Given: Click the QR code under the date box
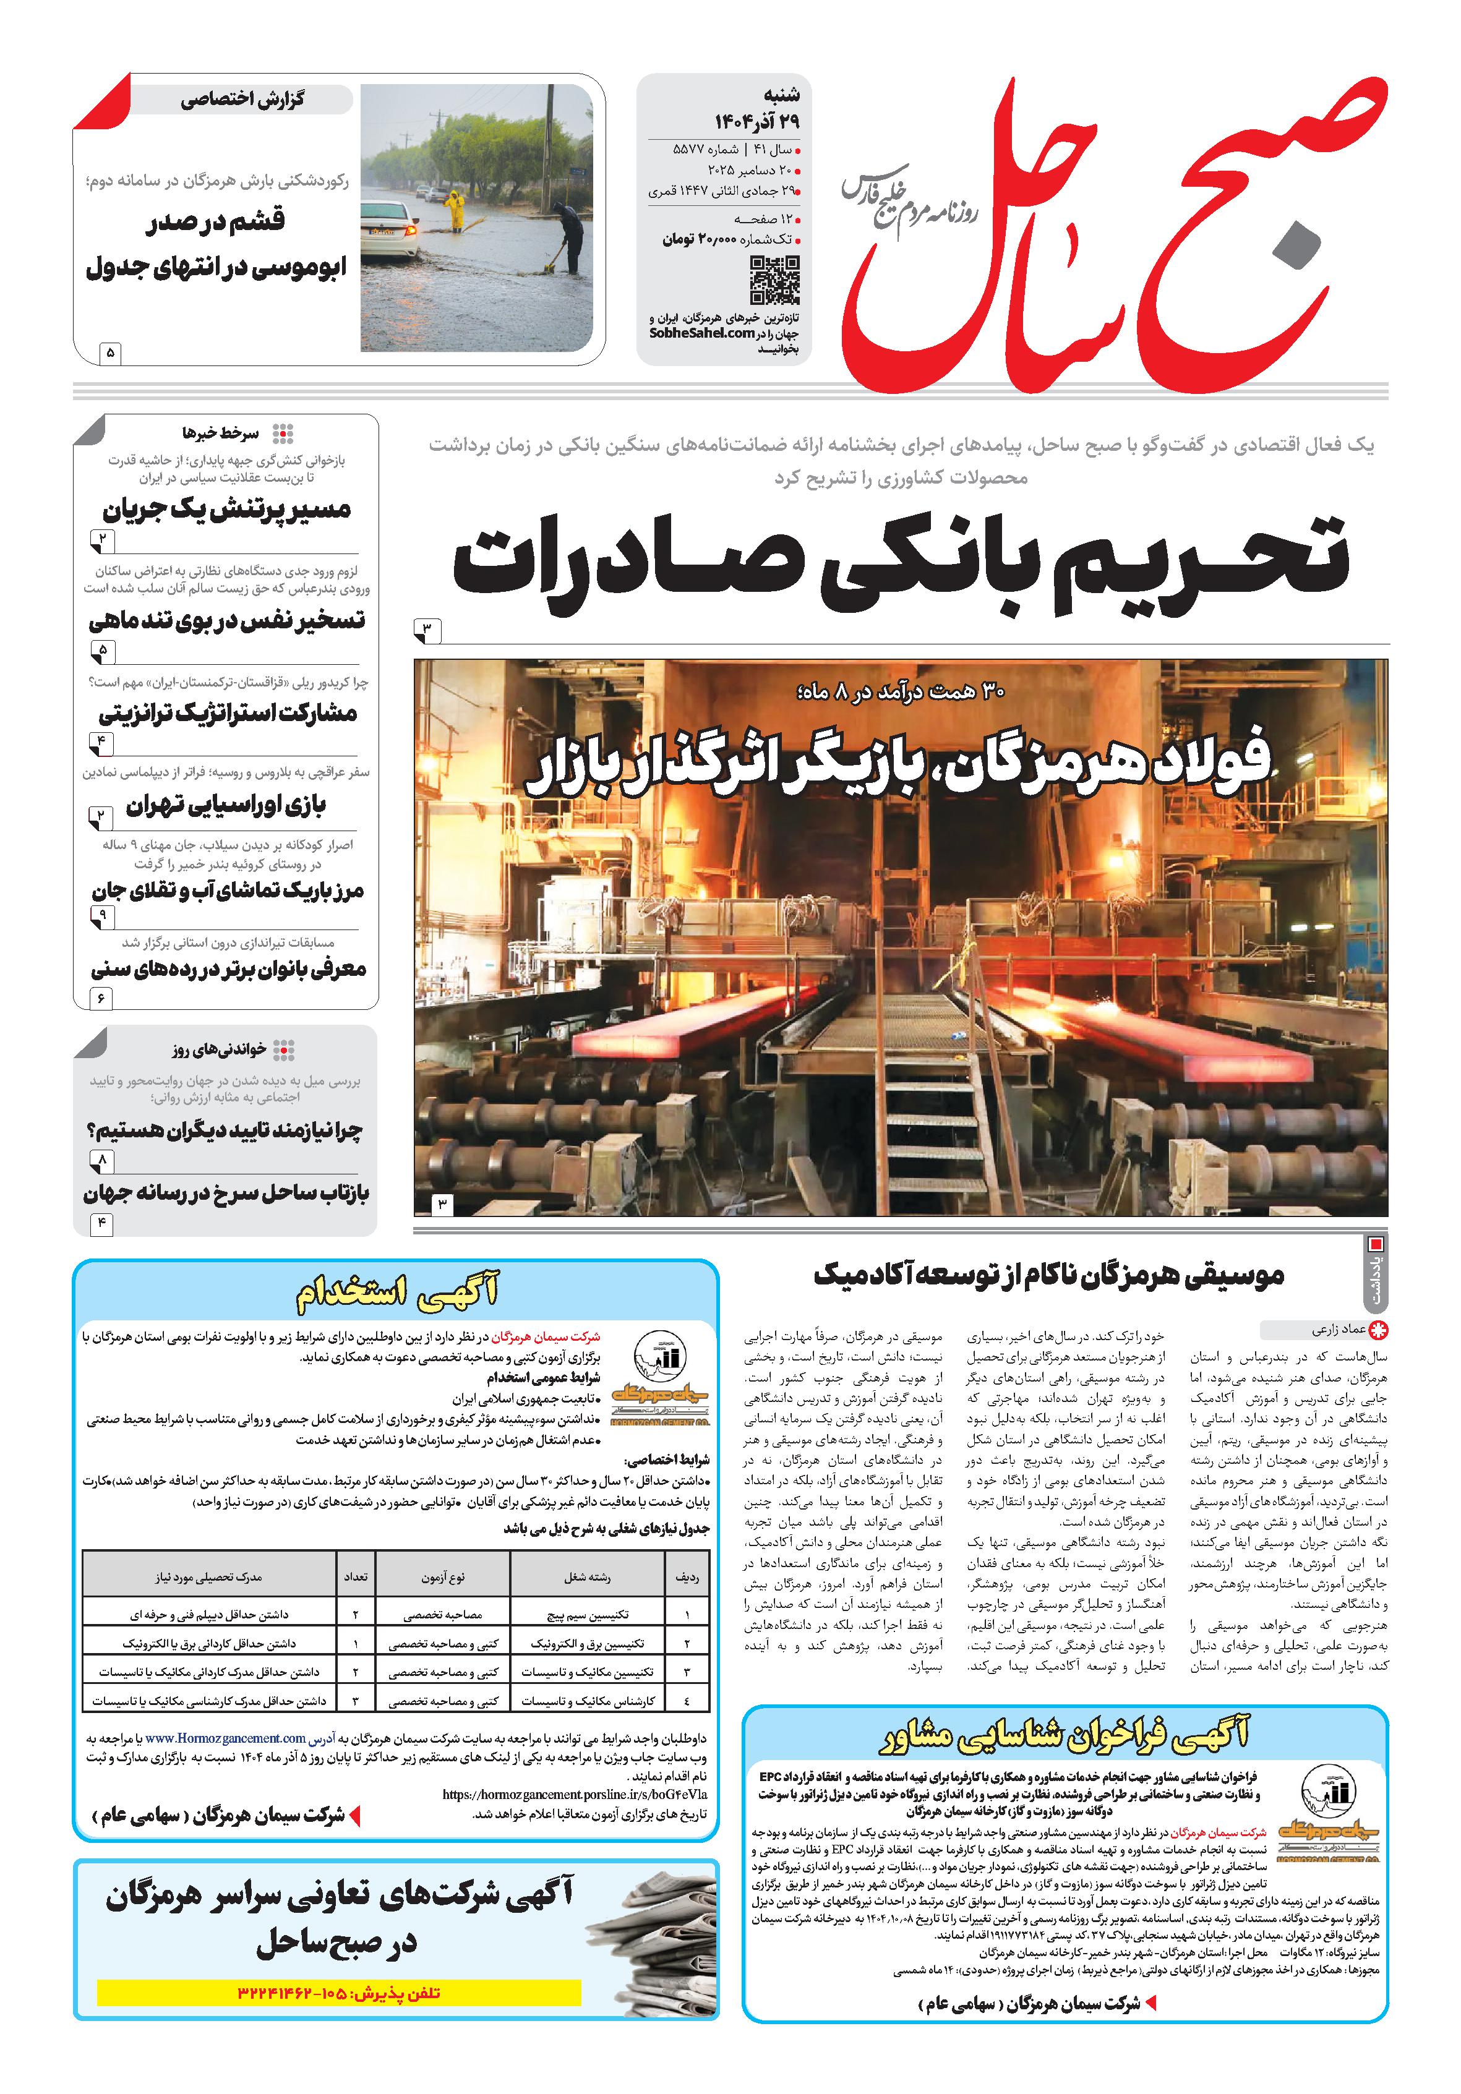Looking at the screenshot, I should (774, 280).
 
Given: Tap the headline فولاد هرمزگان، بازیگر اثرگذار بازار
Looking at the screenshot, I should (898, 764).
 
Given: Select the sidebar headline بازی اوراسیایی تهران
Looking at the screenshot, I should (225, 805).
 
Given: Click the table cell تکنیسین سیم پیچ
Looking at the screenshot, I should (588, 1614).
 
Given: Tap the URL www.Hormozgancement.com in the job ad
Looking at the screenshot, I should (225, 1739).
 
